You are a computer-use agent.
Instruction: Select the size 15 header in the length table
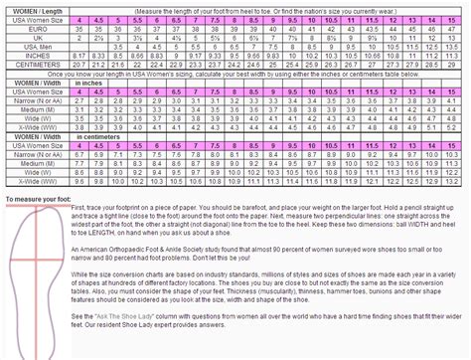(x=458, y=19)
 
